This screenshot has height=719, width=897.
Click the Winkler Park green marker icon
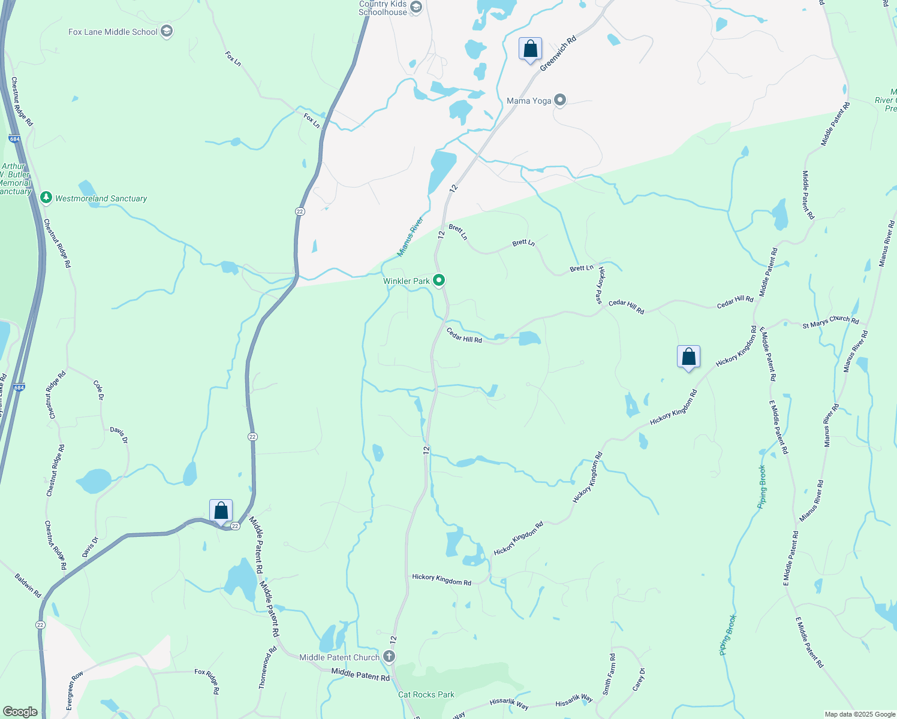tap(439, 280)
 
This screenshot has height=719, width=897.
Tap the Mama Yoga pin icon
tap(560, 100)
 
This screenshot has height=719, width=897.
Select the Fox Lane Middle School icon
tap(167, 32)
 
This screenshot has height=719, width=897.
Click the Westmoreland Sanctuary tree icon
tap(46, 197)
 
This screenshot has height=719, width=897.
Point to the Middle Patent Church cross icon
tap(389, 657)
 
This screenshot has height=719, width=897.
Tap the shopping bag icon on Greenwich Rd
tap(530, 49)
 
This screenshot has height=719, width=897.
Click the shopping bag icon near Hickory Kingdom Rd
tap(688, 357)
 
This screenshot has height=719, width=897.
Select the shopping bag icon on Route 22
tap(221, 511)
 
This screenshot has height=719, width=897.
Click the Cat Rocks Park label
tap(426, 694)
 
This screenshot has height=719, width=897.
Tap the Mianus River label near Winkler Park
tap(410, 237)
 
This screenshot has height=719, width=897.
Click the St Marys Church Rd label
tap(830, 322)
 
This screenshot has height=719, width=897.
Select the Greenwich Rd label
tap(558, 53)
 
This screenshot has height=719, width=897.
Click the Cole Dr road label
tap(99, 389)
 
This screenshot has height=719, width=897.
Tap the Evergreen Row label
tap(74, 691)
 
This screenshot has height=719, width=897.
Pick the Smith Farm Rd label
tap(609, 674)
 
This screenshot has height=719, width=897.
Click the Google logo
tap(20, 712)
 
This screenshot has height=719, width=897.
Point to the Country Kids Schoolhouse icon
tap(416, 8)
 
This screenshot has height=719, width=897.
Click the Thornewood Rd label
tap(267, 667)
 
